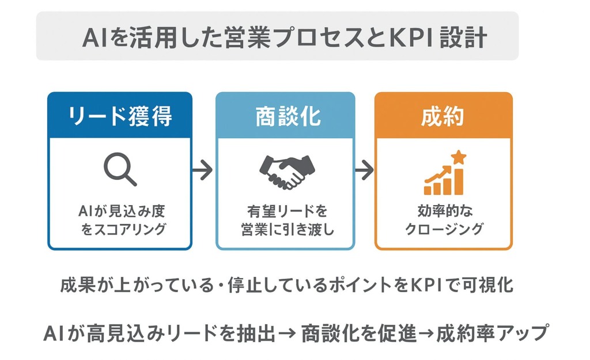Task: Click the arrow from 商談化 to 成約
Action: tap(364, 170)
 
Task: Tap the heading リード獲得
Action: tap(120, 116)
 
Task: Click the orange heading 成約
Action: tap(443, 116)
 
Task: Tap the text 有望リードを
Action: tap(286, 211)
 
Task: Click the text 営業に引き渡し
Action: tap(287, 229)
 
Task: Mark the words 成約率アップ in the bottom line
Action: tap(491, 334)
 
